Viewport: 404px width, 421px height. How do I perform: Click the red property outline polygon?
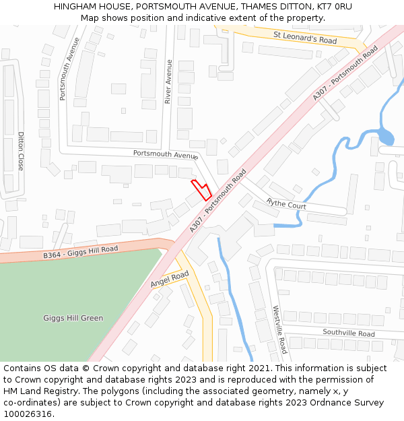pos(201,189)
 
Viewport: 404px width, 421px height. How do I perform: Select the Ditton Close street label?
pos(21,151)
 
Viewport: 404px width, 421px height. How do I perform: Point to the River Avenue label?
pos(170,82)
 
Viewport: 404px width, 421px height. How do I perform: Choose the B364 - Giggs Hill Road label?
pos(80,253)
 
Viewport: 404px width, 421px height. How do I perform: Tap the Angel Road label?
pos(169,280)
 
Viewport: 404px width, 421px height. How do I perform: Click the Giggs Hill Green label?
pos(73,318)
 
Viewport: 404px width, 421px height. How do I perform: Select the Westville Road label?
pos(279,329)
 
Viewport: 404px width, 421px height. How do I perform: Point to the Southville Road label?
pos(348,333)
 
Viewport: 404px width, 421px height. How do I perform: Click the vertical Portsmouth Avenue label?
pos(69,69)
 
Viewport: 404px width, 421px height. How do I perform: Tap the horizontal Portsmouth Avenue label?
pos(164,154)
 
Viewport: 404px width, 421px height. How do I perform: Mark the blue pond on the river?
pos(385,138)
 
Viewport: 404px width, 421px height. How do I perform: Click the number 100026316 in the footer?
pos(28,414)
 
